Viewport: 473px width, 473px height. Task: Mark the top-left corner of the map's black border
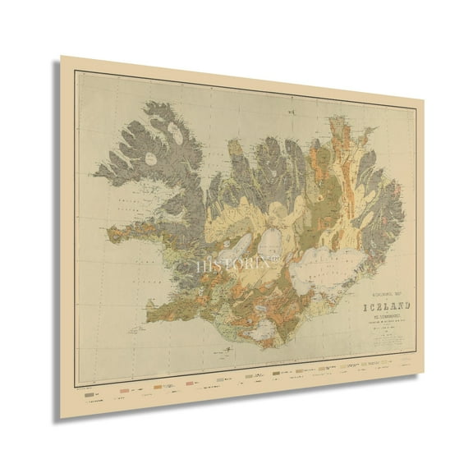coord(76,72)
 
